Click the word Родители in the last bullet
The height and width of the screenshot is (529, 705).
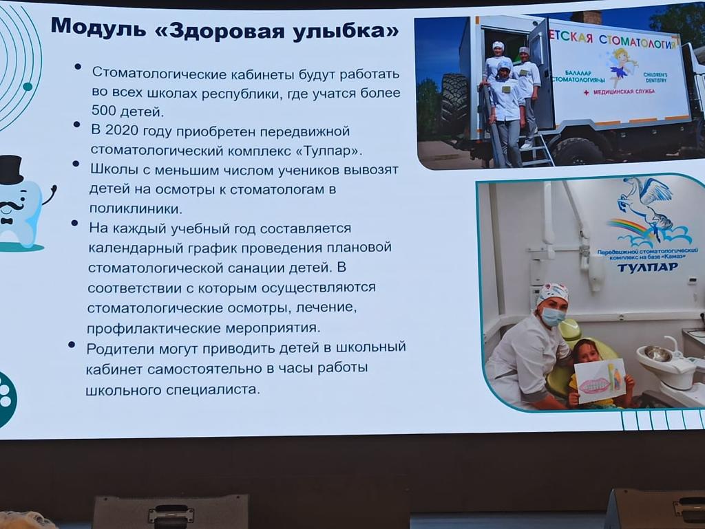click(x=115, y=349)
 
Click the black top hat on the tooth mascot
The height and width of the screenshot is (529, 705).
click(x=11, y=170)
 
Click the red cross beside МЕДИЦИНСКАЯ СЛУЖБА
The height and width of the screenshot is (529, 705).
click(x=586, y=92)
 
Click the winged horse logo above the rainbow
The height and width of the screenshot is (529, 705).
click(x=648, y=203)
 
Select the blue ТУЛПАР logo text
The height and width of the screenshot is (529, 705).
click(x=647, y=268)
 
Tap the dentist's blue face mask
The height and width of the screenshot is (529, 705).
click(x=553, y=316)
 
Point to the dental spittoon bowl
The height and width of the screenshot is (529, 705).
click(x=658, y=356)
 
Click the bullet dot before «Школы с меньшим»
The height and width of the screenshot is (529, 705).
click(x=76, y=164)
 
